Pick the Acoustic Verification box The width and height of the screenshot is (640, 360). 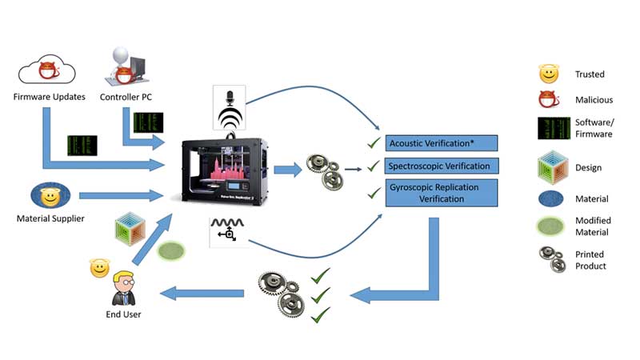click(442, 143)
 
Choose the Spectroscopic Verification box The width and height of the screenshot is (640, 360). click(442, 166)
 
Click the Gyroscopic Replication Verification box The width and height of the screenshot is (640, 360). click(442, 193)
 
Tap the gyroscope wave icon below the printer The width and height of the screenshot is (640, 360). click(228, 231)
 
